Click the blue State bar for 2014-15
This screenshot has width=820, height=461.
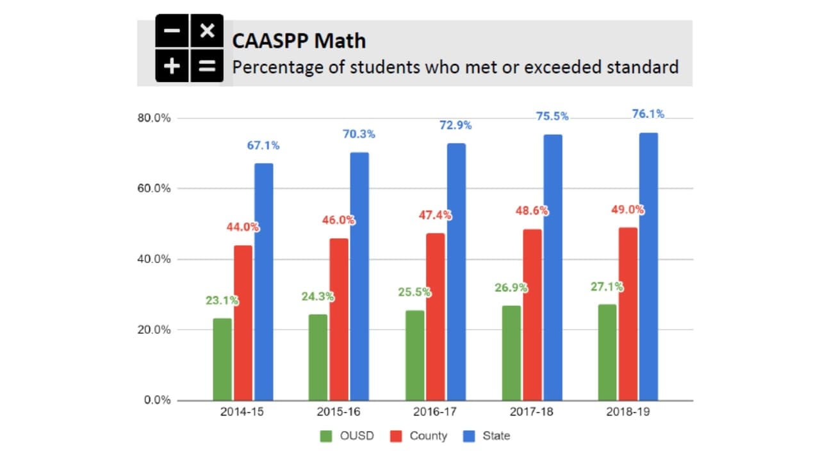264,282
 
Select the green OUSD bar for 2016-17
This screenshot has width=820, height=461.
414,355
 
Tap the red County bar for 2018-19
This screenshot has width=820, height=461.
628,314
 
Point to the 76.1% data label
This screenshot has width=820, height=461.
648,114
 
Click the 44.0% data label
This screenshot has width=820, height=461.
242,227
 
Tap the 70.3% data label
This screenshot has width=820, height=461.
359,134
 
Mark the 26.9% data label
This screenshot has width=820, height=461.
511,287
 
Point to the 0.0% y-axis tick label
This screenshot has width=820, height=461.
156,400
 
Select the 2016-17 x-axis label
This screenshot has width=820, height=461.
435,412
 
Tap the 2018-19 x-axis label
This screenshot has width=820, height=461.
628,412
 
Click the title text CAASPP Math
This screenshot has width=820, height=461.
299,41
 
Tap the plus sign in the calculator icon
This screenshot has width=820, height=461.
172,65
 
